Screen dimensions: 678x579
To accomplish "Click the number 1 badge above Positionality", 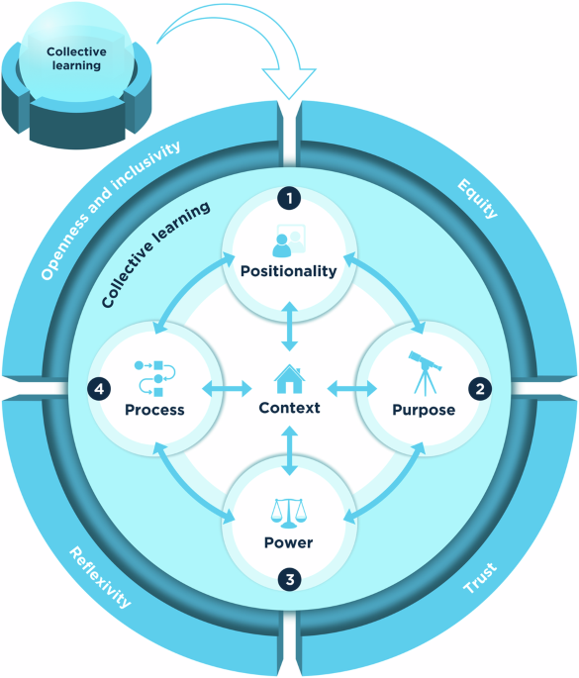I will (x=289, y=199).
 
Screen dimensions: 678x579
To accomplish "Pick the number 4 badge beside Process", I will (x=99, y=388).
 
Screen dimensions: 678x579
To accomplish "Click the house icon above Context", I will (x=289, y=378).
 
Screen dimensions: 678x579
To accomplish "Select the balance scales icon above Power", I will (x=288, y=513).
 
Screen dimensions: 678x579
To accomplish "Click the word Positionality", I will (x=289, y=270).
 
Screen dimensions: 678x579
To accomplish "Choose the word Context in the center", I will (x=289, y=407).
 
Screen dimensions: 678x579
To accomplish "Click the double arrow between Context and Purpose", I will (x=347, y=385).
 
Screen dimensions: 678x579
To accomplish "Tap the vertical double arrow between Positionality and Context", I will (x=289, y=328).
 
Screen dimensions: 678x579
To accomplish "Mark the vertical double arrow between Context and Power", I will (x=289, y=450).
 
